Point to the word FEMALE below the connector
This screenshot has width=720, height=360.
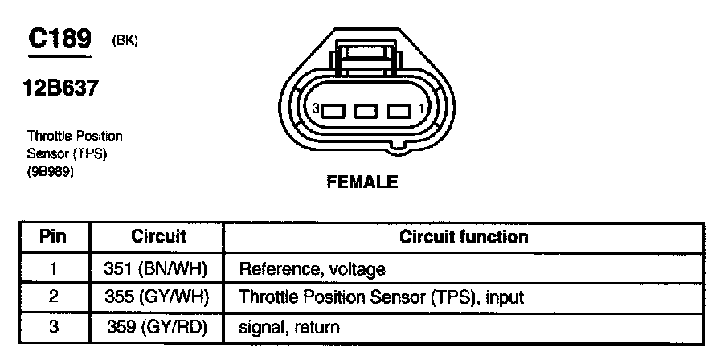click(362, 182)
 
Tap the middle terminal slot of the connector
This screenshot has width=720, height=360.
click(366, 110)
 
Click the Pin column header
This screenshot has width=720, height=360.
click(52, 237)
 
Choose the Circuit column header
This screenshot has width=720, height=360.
click(157, 237)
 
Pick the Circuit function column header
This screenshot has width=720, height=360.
click(464, 237)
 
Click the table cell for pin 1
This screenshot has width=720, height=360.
click(52, 268)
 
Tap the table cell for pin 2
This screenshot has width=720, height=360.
click(52, 297)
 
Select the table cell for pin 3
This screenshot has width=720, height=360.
click(52, 326)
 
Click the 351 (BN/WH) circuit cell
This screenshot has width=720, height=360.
click(157, 268)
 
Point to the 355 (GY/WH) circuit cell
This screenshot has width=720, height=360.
click(157, 297)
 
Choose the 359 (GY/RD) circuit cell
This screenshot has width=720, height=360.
click(157, 326)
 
